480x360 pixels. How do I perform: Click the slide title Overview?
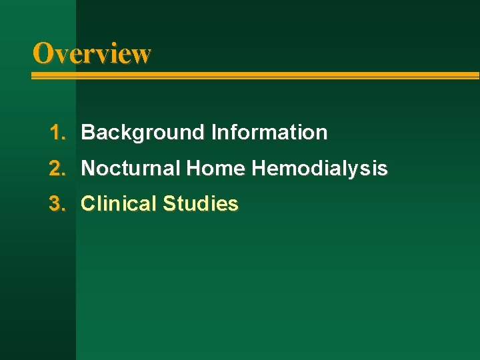pyautogui.click(x=92, y=53)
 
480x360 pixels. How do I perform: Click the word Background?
pyautogui.click(x=143, y=133)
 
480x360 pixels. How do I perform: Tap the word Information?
pyautogui.click(x=269, y=133)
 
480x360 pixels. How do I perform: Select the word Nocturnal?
pyautogui.click(x=131, y=169)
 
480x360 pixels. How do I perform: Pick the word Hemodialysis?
pyautogui.click(x=319, y=169)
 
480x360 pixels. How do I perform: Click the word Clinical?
pyautogui.click(x=118, y=204)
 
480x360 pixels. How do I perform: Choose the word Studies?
pyautogui.click(x=200, y=204)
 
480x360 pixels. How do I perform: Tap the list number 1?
pyautogui.click(x=56, y=133)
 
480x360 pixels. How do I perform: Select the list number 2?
pyautogui.click(x=56, y=169)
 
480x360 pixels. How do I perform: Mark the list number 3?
pyautogui.click(x=56, y=204)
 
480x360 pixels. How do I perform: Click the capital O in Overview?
pyautogui.click(x=43, y=53)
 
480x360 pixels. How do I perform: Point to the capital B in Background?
pyautogui.click(x=88, y=133)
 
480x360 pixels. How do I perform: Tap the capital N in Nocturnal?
pyautogui.click(x=88, y=169)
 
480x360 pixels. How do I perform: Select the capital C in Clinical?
pyautogui.click(x=88, y=204)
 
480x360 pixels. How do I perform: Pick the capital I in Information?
pyautogui.click(x=214, y=133)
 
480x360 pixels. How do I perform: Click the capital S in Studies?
pyautogui.click(x=168, y=204)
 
